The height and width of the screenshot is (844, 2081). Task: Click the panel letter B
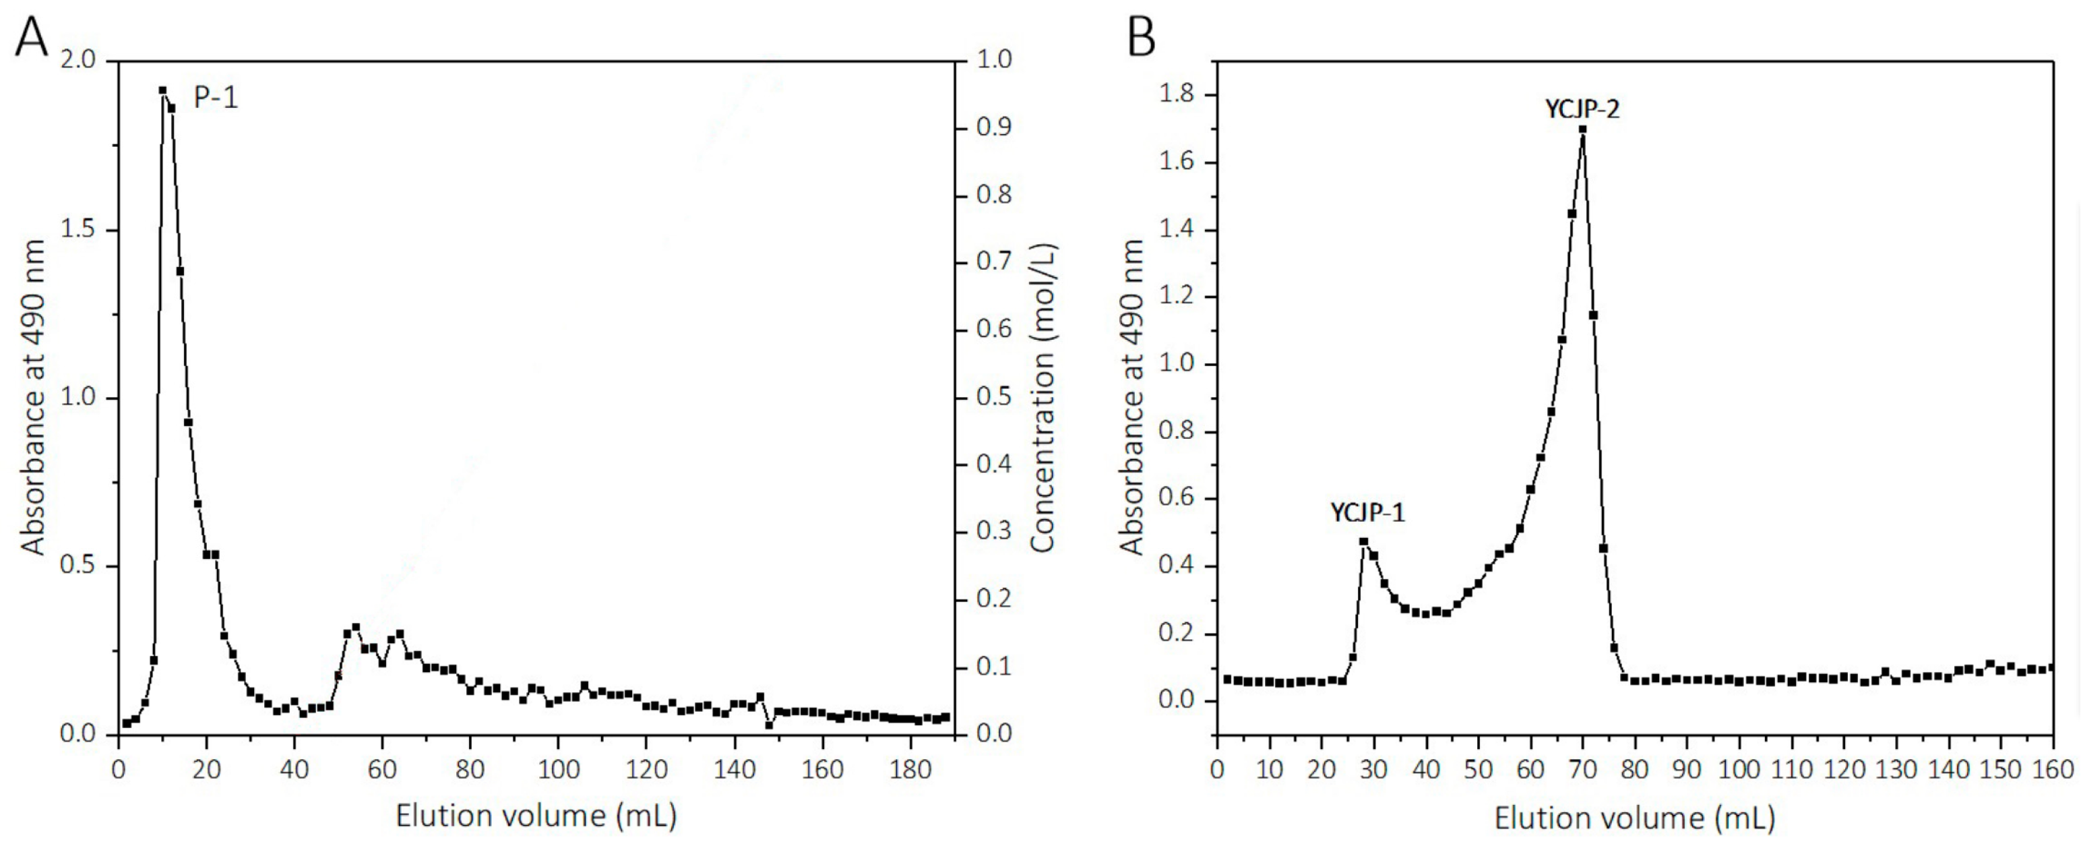point(1141,37)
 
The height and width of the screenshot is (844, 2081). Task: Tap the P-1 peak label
point(216,98)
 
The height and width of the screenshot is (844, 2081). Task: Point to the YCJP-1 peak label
point(1367,512)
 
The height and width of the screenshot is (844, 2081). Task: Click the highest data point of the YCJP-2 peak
point(1582,129)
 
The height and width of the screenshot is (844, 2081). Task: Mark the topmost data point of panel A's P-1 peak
point(162,90)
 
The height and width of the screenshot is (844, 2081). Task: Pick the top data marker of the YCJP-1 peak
point(1364,541)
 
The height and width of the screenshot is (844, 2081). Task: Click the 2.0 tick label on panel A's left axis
point(77,61)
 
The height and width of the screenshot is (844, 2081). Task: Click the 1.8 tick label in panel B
point(1176,94)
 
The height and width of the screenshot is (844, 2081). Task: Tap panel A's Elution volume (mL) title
point(536,815)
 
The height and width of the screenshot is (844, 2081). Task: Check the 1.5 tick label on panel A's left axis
point(77,230)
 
